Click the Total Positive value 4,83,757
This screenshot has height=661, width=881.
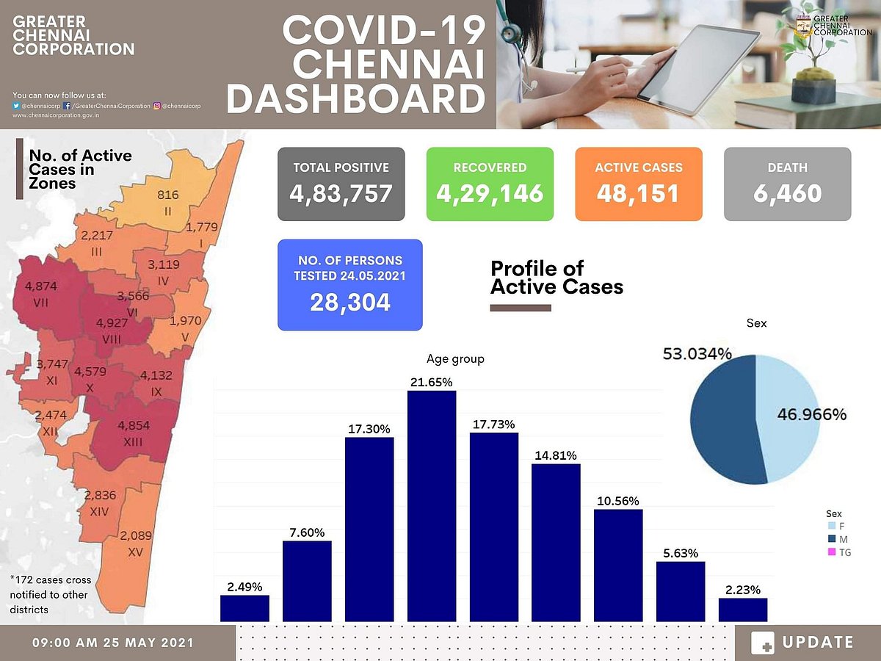(x=341, y=193)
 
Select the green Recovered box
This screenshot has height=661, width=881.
(x=490, y=184)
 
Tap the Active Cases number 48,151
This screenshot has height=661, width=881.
(x=639, y=193)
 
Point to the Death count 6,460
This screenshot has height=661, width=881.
(x=787, y=193)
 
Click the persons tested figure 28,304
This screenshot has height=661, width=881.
(x=350, y=302)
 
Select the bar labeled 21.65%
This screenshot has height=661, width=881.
(x=432, y=507)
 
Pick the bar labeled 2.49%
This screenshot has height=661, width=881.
(x=244, y=608)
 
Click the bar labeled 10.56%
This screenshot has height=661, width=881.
(x=618, y=566)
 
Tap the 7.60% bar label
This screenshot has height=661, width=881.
(x=307, y=532)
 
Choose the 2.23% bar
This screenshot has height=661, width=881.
(x=743, y=610)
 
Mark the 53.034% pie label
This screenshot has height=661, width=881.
(x=697, y=354)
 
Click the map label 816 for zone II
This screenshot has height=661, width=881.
(x=168, y=195)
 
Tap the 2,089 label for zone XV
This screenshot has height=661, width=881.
(x=136, y=535)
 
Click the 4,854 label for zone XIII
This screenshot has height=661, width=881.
(x=133, y=425)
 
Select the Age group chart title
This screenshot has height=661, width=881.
(x=455, y=359)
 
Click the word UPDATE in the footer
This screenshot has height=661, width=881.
(x=818, y=643)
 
